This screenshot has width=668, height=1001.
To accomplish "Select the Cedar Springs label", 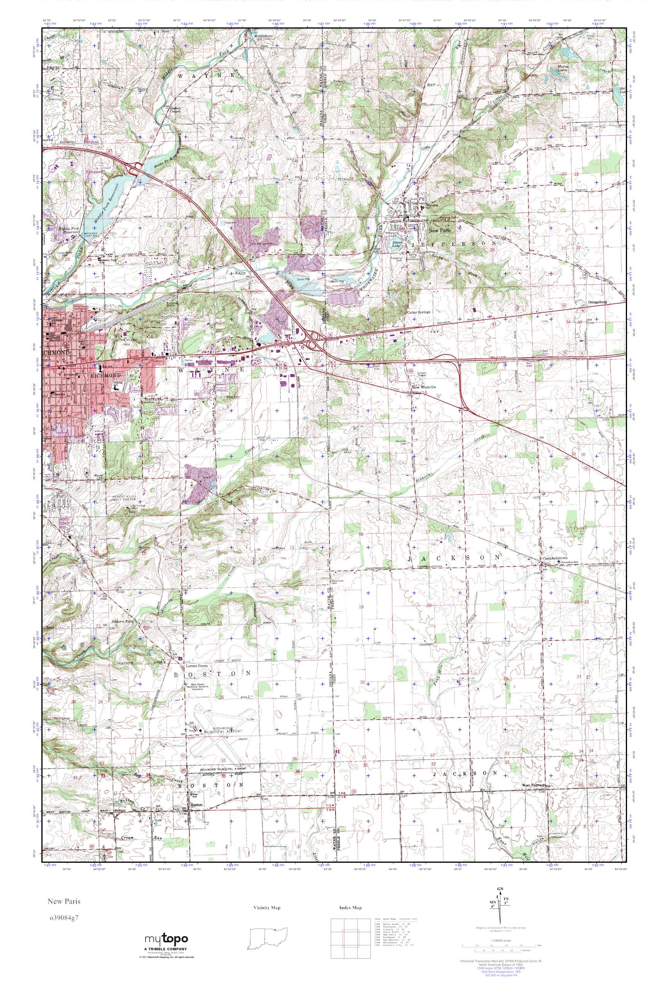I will point(419,312).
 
